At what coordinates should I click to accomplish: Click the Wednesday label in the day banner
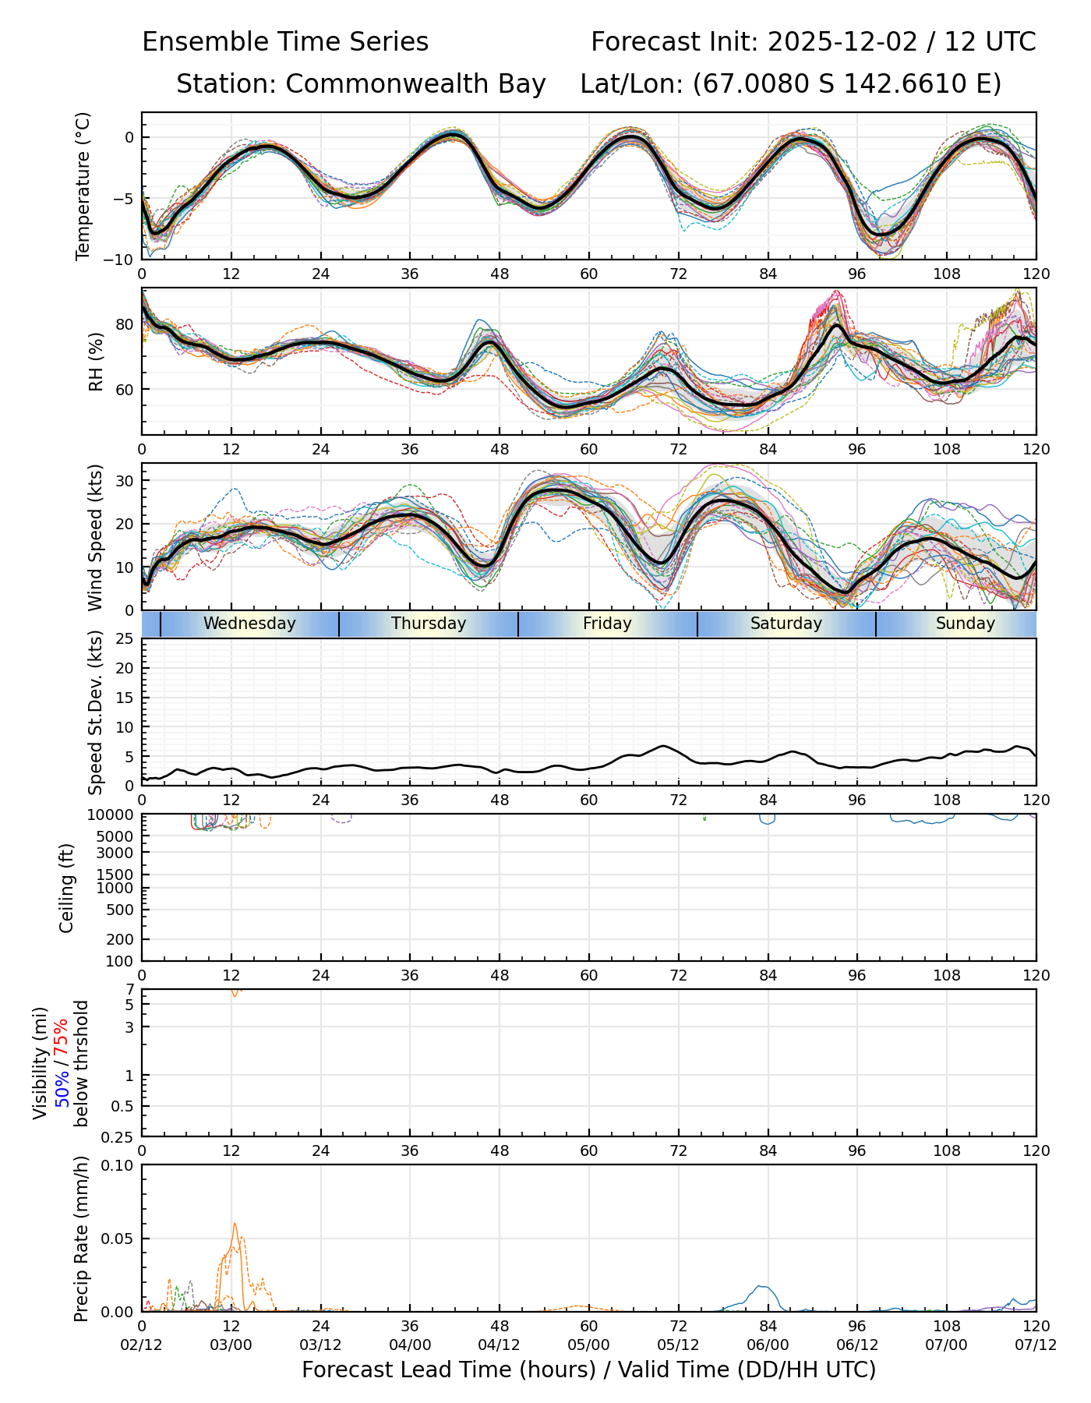[x=249, y=624]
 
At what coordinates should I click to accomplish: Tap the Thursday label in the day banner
[x=429, y=624]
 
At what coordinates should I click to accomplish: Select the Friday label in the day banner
[x=607, y=624]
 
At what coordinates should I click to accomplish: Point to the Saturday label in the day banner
[x=786, y=624]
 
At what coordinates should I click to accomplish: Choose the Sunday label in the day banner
[x=965, y=624]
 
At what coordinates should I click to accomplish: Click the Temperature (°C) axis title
[x=83, y=186]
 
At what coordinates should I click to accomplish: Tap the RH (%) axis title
[x=96, y=362]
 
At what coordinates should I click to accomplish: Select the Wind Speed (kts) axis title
[x=95, y=537]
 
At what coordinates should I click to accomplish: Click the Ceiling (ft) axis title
[x=67, y=888]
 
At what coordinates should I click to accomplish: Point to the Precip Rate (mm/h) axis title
[x=81, y=1239]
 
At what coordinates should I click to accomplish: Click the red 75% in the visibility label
[x=61, y=1040]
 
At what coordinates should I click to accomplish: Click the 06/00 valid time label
[x=768, y=1345]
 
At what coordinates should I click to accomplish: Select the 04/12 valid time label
[x=500, y=1345]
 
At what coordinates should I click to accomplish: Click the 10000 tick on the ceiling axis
[x=112, y=815]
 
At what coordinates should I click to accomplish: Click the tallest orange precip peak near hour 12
[x=235, y=1225]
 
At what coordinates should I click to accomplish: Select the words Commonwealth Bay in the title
[x=415, y=84]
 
